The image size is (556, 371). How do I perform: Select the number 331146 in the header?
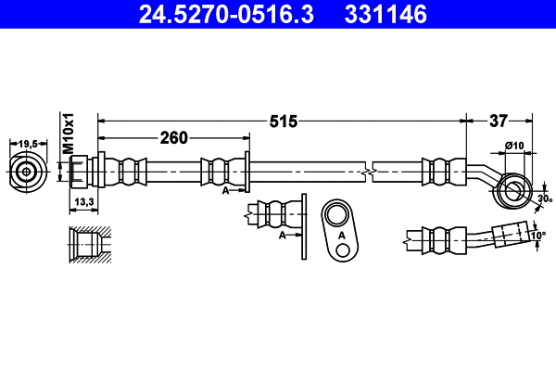pos(386,14)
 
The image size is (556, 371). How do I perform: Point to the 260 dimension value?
pos(174,138)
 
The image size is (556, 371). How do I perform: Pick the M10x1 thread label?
pos(67,133)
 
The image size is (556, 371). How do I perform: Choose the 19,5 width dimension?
pos(28,143)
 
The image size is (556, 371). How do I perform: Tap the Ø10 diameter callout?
pos(514,145)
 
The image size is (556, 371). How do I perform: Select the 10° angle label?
pos(538,236)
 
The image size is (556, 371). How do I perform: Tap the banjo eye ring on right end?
pos(512,190)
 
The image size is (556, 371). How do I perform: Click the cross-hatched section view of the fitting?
pos(88,245)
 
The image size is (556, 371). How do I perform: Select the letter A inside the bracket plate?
pos(341,237)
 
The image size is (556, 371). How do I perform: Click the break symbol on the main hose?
pos(370,172)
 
